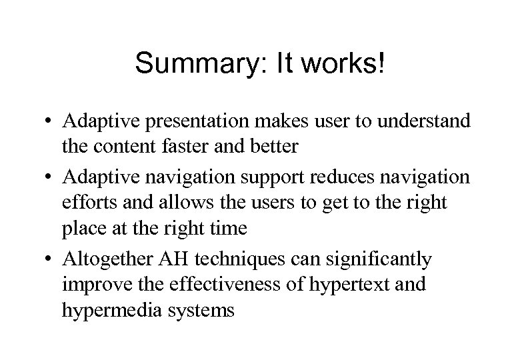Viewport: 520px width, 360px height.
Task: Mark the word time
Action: pos(227,229)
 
